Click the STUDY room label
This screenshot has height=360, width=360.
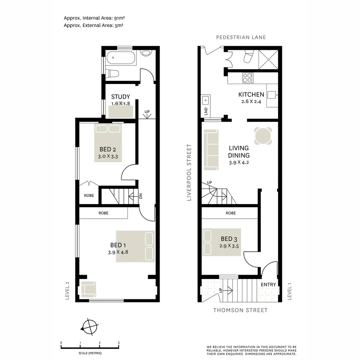tap(120, 97)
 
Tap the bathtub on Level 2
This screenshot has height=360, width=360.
tap(121, 58)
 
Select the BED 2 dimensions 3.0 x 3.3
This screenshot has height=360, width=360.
tap(107, 156)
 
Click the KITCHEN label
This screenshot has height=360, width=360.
tap(251, 95)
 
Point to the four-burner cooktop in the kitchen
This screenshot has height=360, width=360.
tap(247, 78)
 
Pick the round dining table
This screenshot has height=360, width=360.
tap(263, 136)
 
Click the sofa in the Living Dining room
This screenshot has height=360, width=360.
tap(210, 150)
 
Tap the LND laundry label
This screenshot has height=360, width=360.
tap(206, 111)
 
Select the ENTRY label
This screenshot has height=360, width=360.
tap(268, 285)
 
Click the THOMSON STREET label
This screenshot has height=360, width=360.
tap(240, 310)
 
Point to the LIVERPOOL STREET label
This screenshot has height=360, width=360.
tap(189, 172)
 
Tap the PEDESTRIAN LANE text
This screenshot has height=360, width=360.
tap(241, 37)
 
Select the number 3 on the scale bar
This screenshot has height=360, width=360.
tap(119, 343)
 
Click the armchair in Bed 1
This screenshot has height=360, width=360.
tap(89, 289)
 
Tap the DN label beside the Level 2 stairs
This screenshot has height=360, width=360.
tap(141, 196)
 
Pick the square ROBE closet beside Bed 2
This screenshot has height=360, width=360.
tap(89, 195)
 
